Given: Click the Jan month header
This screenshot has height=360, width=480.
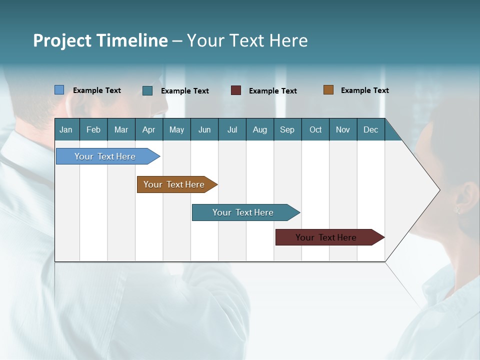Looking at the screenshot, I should click(66, 129).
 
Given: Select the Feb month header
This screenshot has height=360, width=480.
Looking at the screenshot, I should click(93, 129).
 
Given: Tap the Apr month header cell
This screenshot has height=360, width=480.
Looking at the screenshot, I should click(149, 129).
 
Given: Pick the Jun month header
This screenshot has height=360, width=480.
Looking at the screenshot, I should click(204, 129).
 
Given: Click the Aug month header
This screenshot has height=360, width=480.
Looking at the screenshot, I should click(260, 129).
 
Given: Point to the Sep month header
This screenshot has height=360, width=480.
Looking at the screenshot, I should click(287, 129).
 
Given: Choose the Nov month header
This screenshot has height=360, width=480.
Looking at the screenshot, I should click(343, 129).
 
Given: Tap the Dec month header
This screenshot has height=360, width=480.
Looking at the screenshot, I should click(371, 129).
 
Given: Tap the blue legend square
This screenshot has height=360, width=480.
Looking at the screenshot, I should click(59, 90).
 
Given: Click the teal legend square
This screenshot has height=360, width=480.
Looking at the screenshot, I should click(147, 90).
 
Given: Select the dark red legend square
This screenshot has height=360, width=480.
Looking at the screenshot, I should click(236, 90).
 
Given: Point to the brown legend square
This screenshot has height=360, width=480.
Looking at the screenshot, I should click(328, 90).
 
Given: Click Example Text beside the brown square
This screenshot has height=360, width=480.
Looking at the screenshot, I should click(364, 90).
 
